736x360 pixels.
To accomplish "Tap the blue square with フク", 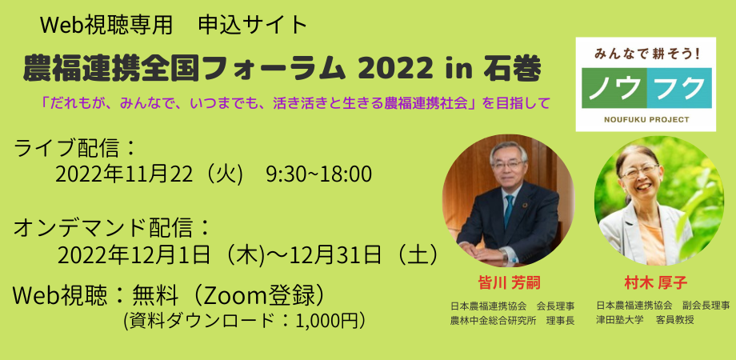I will [x=680, y=87].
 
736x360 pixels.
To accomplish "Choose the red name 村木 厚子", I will [x=655, y=282].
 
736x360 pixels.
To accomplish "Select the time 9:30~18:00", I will [x=318, y=174].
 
